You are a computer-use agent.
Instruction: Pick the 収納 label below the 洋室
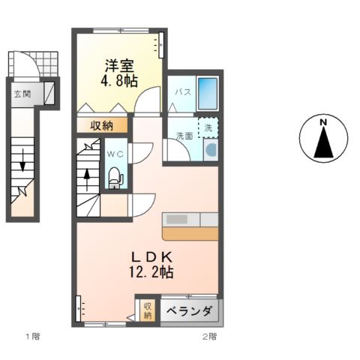click(103, 125)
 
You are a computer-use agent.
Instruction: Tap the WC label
click(115, 154)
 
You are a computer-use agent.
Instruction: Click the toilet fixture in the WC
click(115, 176)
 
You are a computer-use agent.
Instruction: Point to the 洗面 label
click(184, 136)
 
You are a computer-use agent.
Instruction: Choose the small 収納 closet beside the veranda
click(147, 310)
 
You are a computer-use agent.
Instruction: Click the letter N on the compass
click(323, 121)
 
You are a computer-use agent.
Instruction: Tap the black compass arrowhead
click(323, 142)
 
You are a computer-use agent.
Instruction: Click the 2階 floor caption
click(208, 336)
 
